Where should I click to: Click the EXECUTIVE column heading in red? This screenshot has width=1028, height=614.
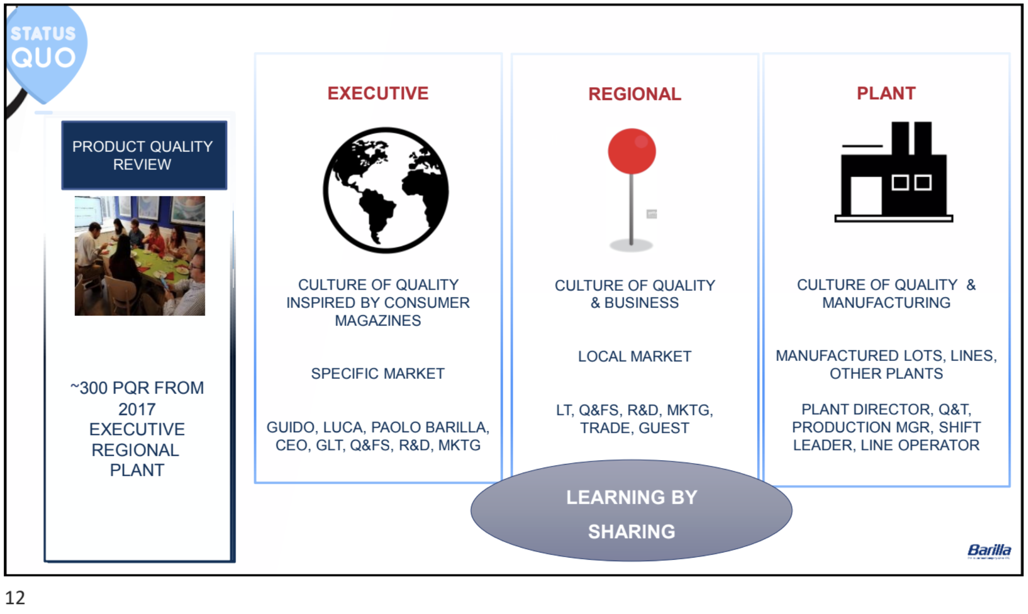point(378,94)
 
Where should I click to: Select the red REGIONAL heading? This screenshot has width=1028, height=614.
point(634,94)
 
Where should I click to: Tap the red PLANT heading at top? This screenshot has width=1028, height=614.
point(886,94)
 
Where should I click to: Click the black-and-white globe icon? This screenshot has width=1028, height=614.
point(386,190)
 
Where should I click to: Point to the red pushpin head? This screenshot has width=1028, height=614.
point(632,151)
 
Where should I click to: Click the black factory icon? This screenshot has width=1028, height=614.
point(894,174)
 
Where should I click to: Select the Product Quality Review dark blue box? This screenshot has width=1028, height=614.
point(143,155)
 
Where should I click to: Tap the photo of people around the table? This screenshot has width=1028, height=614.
point(140,256)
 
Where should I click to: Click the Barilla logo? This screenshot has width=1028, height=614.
point(989,551)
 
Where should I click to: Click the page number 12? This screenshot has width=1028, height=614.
point(15,598)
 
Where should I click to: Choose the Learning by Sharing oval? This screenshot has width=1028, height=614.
point(631,511)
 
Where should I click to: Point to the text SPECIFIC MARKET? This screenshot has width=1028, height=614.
point(378,373)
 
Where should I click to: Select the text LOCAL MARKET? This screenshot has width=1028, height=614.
point(634,356)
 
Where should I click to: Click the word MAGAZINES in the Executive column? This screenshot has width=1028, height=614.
point(378,321)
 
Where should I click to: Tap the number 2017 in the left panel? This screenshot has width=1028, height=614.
point(137,409)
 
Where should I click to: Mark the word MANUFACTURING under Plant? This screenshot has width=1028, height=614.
point(886,302)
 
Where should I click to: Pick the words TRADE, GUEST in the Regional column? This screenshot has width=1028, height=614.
point(634,428)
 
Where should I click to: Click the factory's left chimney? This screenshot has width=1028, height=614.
point(900,138)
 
